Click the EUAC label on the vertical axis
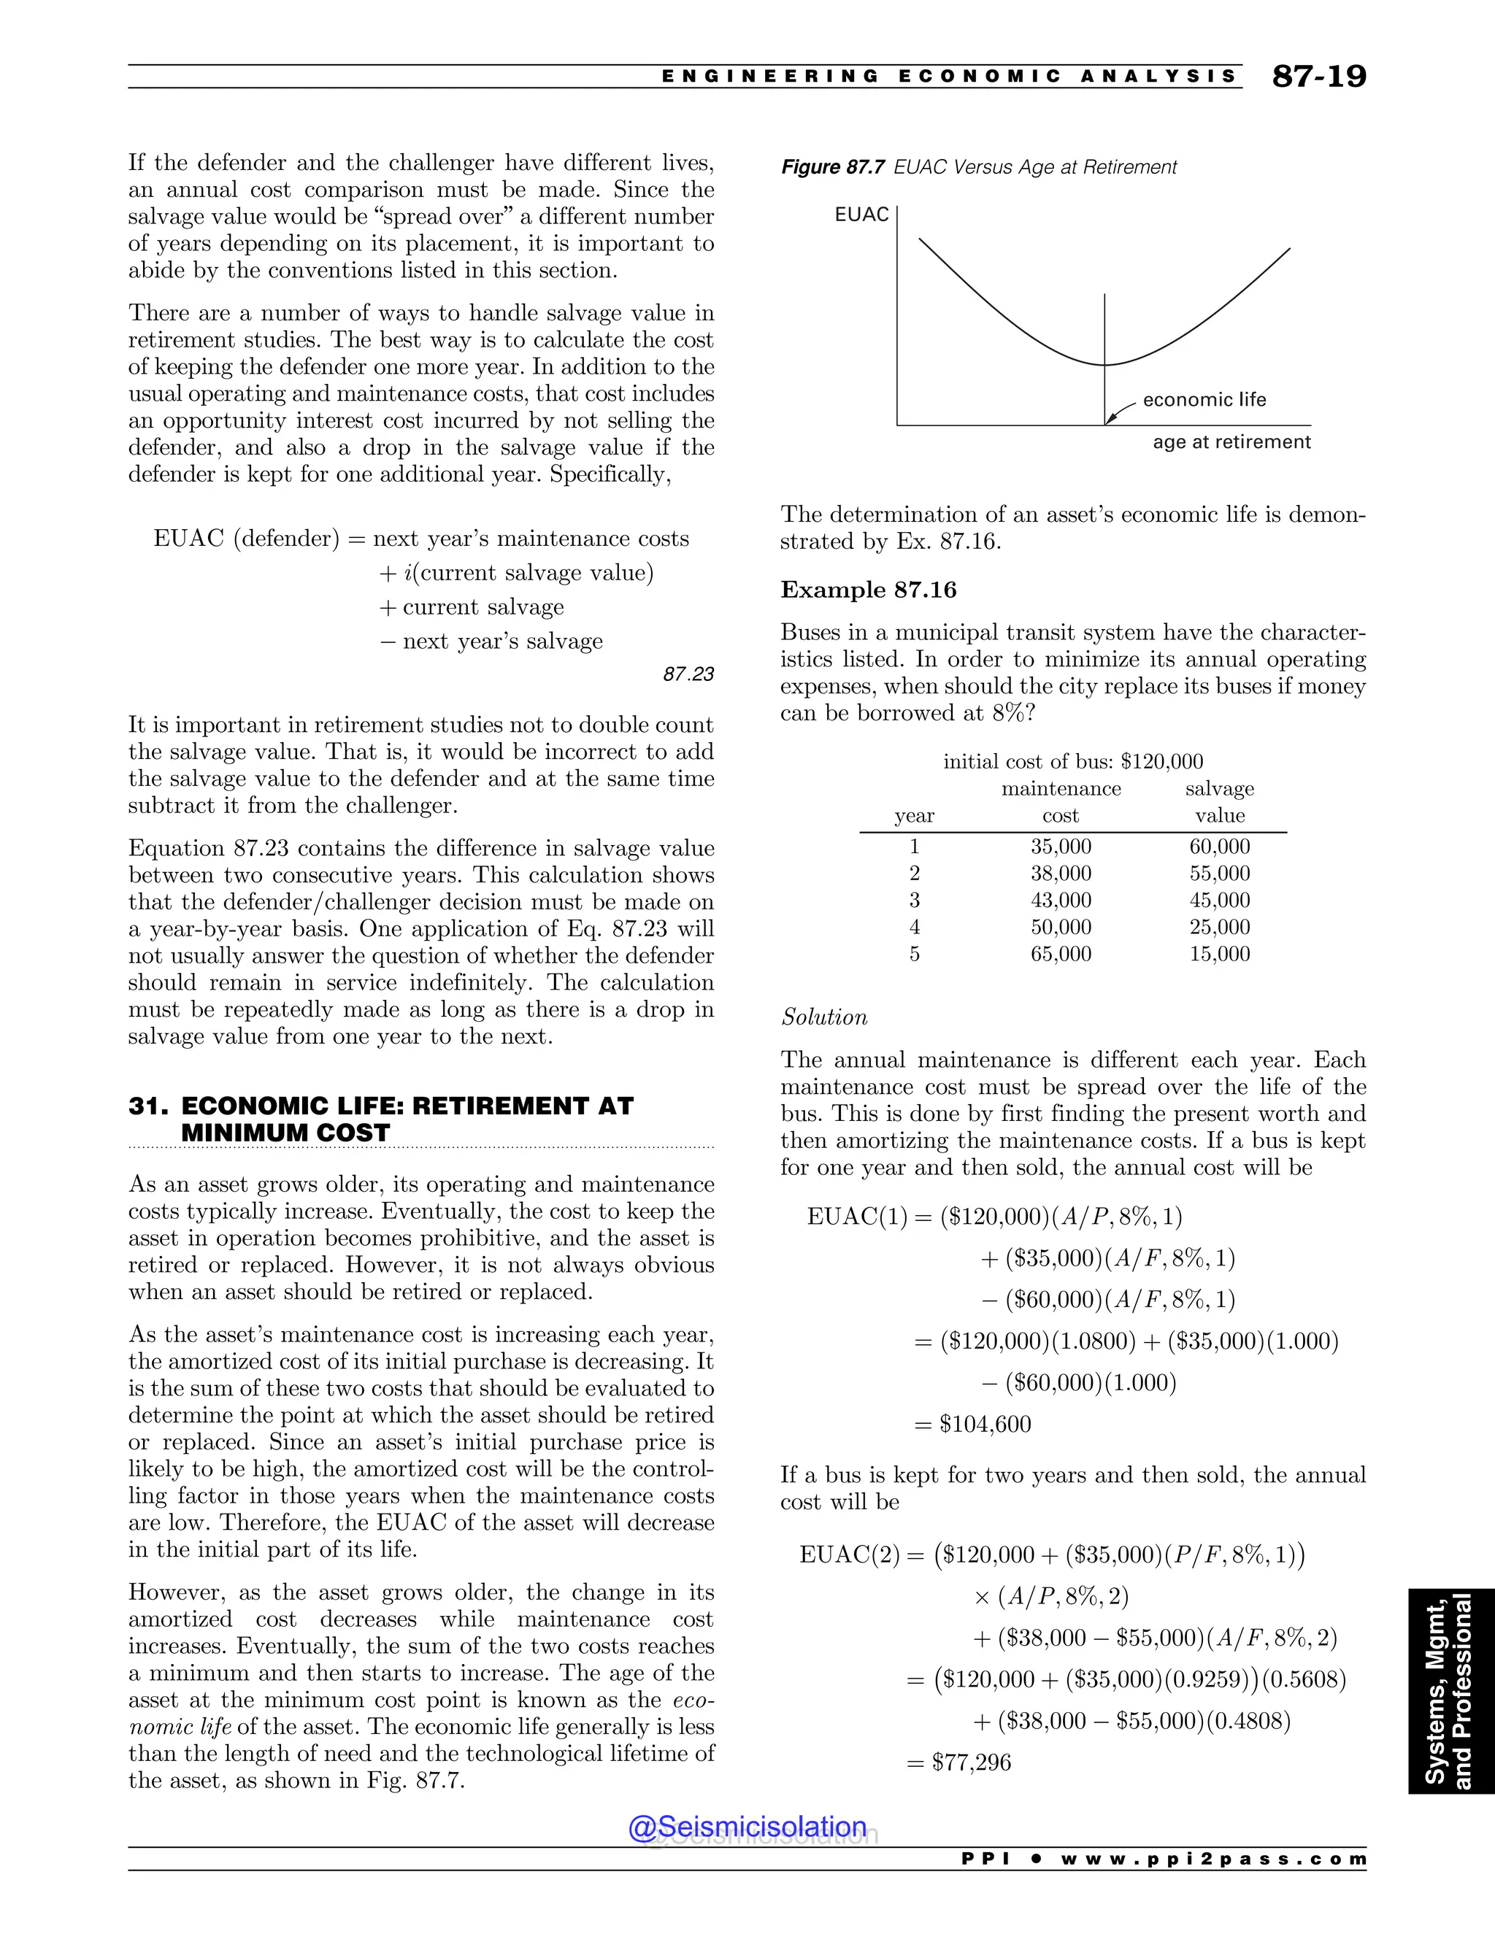click(x=861, y=215)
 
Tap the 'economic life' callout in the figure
click(x=1204, y=400)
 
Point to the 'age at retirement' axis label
click(x=1231, y=442)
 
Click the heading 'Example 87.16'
click(x=868, y=590)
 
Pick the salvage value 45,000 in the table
click(x=1220, y=901)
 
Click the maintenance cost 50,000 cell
click(x=1060, y=927)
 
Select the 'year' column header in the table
click(x=914, y=816)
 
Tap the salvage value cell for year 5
click(x=1220, y=955)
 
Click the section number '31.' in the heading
click(x=148, y=1106)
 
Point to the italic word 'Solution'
click(x=823, y=1017)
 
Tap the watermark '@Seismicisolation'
click(x=747, y=1827)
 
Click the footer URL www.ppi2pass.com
click(x=1213, y=1859)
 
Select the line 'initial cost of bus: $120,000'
click(x=1072, y=761)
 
